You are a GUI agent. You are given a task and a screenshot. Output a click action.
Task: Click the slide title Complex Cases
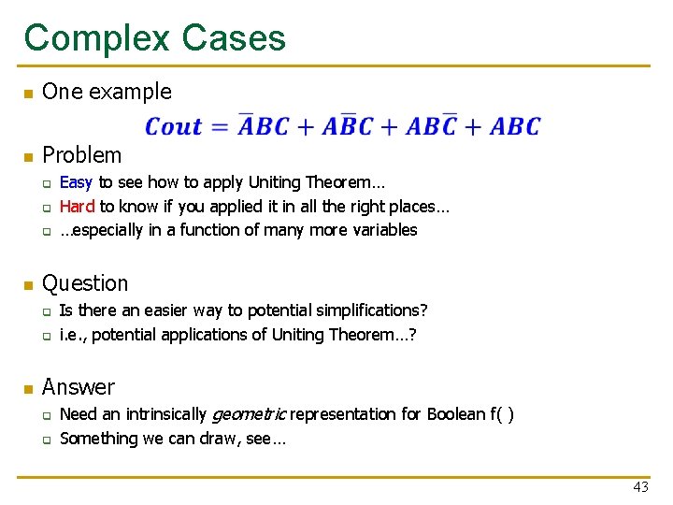(x=155, y=38)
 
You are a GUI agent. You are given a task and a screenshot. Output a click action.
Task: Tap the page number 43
(x=640, y=486)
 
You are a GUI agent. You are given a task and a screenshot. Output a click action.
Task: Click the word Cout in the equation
(x=174, y=126)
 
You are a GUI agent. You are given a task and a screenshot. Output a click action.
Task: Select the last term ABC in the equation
(x=515, y=126)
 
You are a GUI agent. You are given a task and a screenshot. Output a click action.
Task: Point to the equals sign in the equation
(x=220, y=127)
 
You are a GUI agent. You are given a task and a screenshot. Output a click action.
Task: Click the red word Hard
(x=78, y=206)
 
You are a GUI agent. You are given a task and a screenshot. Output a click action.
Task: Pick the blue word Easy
(x=77, y=182)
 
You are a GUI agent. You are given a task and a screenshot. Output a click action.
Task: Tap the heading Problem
(x=82, y=155)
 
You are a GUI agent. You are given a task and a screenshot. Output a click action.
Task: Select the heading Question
(x=85, y=283)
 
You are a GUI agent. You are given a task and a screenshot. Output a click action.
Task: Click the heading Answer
(x=79, y=387)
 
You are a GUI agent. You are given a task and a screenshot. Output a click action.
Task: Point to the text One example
(x=107, y=92)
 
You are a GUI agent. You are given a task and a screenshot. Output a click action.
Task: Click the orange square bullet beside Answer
(x=28, y=388)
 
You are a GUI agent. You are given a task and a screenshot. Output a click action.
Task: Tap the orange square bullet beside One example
(x=28, y=93)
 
